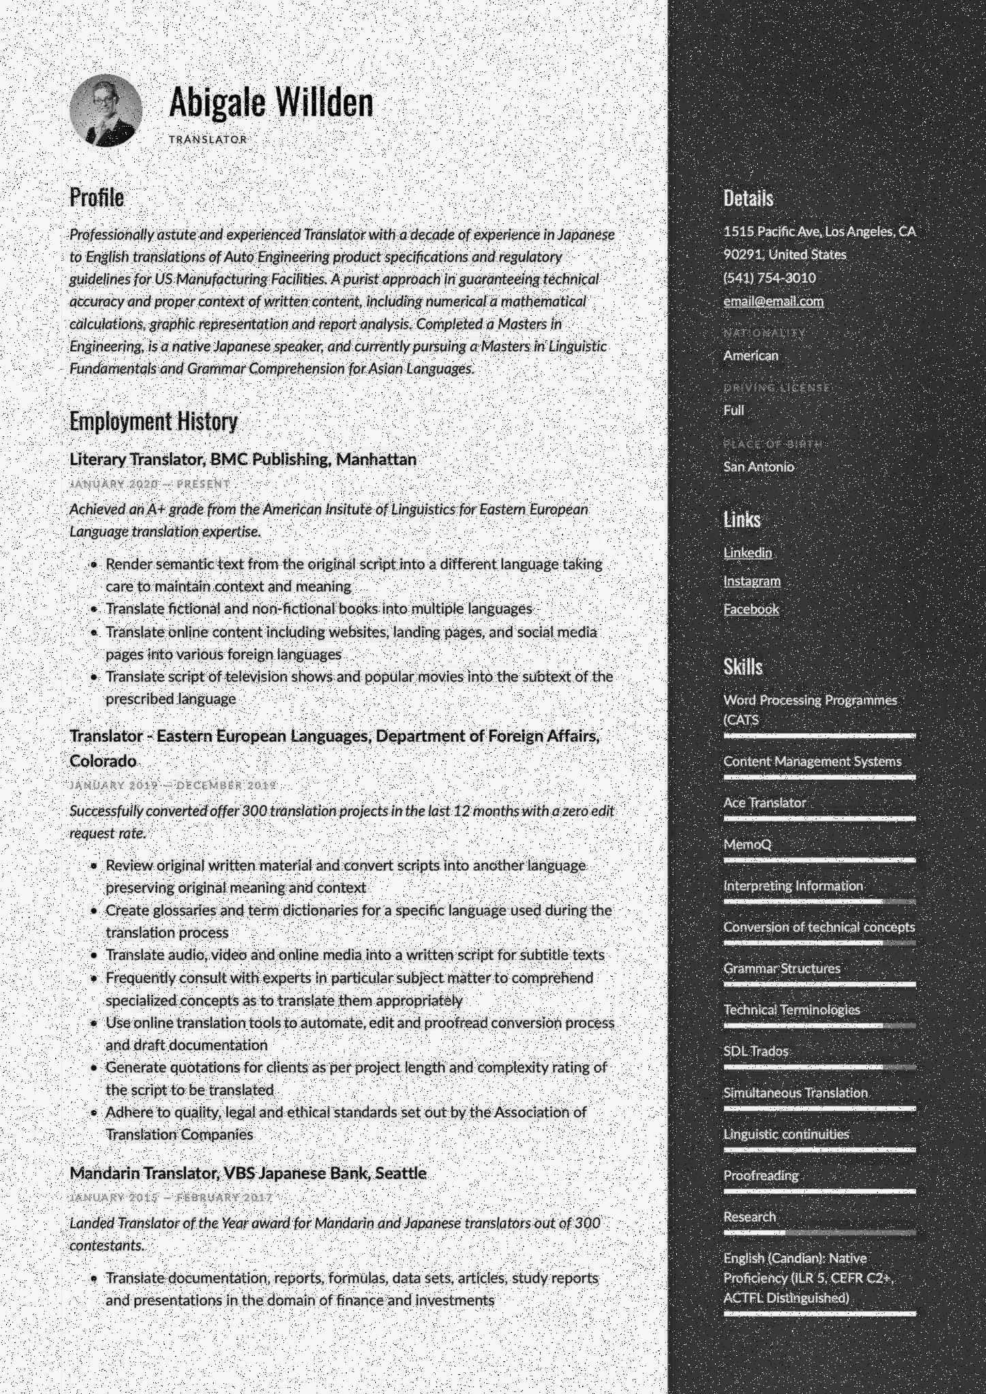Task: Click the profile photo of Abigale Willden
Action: (106, 110)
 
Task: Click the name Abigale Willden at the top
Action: (271, 102)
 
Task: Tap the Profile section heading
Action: (97, 197)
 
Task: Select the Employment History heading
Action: (153, 421)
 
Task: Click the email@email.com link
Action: (773, 301)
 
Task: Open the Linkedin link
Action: (747, 552)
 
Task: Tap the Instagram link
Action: (752, 581)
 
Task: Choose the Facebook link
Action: (750, 609)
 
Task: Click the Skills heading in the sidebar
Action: (743, 667)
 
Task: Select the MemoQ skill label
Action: (747, 844)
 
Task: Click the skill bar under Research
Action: (819, 1233)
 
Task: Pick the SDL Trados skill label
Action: (756, 1051)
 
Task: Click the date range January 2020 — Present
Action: (149, 484)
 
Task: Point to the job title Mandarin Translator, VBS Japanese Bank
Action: (248, 1173)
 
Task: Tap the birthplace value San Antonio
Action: (759, 466)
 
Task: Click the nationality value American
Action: (750, 355)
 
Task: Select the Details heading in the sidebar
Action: (748, 198)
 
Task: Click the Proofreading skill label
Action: (761, 1175)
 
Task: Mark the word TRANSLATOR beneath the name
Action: (208, 140)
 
